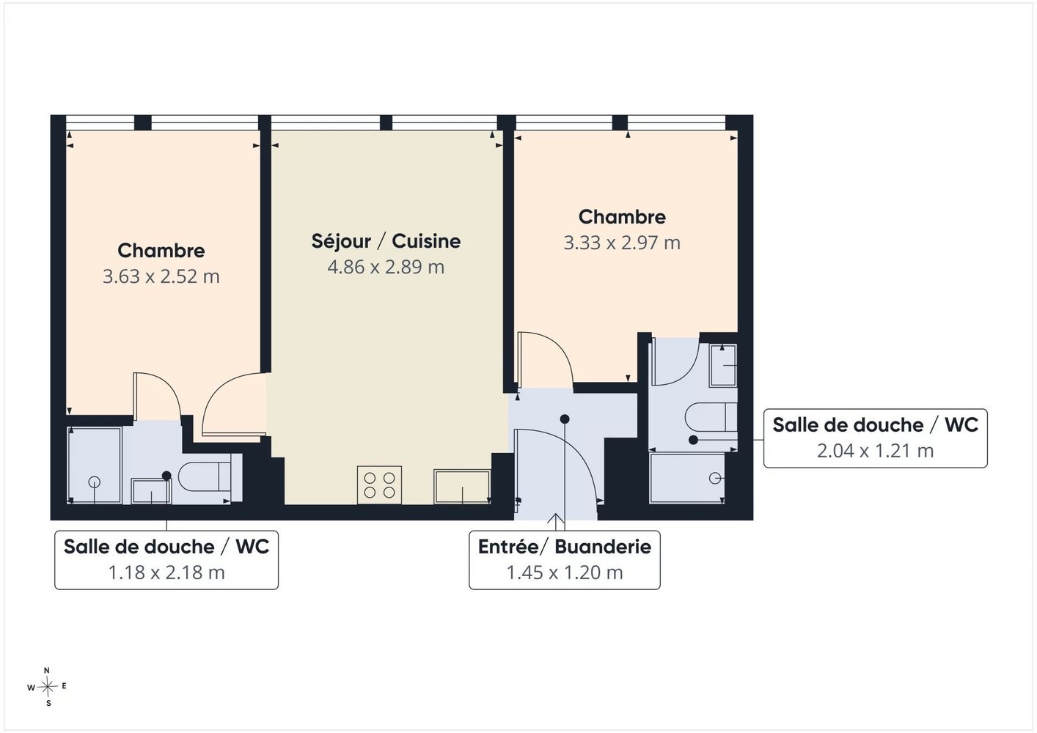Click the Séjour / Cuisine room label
tap(386, 241)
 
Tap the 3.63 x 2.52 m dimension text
tap(161, 277)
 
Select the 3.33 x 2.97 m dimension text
tap(622, 243)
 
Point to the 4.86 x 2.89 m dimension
tap(386, 267)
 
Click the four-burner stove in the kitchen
tap(379, 485)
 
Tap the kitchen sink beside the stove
tap(462, 487)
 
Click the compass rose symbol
tap(47, 687)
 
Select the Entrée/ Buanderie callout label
tap(564, 547)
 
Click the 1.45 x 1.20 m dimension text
tap(564, 572)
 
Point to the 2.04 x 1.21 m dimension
tap(875, 451)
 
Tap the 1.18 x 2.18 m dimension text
tap(166, 572)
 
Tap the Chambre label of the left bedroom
tap(161, 251)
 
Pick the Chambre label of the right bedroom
tap(622, 217)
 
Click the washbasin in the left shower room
tap(151, 491)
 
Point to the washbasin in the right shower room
tap(722, 365)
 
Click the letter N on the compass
tap(46, 671)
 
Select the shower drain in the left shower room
tap(95, 482)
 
